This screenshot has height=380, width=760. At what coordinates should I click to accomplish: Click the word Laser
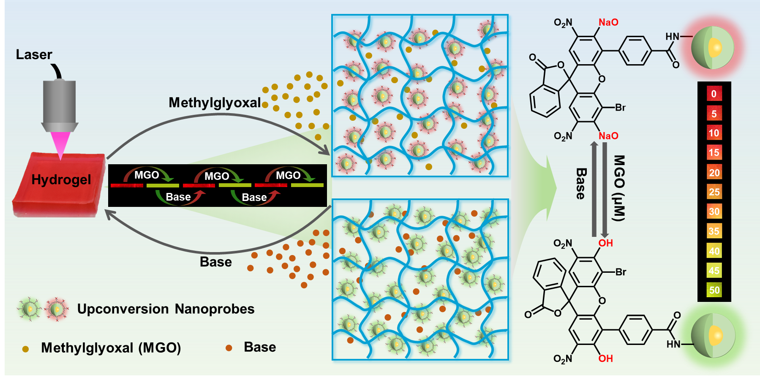point(34,54)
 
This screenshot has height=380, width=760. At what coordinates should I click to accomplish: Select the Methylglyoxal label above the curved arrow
point(215,103)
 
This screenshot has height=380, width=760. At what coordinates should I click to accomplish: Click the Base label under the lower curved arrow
point(215,262)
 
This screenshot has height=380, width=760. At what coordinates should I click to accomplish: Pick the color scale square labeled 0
point(714,94)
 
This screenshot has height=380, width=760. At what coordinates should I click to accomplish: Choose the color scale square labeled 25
point(714,192)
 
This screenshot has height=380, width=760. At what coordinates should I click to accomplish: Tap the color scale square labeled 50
point(714,290)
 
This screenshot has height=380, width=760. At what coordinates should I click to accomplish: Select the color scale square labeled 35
point(714,231)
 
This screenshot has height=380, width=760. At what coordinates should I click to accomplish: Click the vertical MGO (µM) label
point(619,188)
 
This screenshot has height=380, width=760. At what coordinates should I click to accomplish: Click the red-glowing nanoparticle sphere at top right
point(713,48)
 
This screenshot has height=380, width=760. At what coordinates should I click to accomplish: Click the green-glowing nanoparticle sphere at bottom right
point(713,336)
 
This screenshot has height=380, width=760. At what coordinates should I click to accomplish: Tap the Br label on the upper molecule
point(620,108)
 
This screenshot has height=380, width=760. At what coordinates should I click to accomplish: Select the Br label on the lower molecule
point(621,272)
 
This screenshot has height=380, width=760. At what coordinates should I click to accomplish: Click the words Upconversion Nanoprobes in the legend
point(166,309)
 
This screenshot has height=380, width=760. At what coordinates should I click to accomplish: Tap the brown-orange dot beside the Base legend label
point(229,348)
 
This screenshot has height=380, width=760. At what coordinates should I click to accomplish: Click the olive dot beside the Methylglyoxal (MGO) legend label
point(25,349)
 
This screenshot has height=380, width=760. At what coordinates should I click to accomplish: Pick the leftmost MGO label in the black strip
point(147,175)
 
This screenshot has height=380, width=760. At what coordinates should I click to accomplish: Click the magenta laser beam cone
point(60,144)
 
